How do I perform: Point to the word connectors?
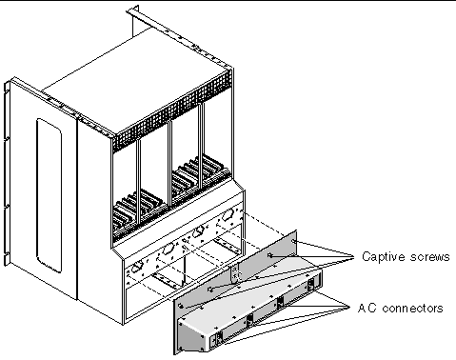[x=412, y=309]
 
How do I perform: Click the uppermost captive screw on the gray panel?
[x=294, y=242]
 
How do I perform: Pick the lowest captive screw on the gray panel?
[x=181, y=306]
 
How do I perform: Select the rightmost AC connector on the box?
[x=310, y=284]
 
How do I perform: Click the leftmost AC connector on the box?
[x=216, y=338]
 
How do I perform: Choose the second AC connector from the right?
[x=281, y=302]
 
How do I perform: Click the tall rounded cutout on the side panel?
[x=49, y=195]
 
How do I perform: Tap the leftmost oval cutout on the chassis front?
[x=136, y=268]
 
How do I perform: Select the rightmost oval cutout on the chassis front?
[x=228, y=215]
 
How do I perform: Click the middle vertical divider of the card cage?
[x=169, y=163]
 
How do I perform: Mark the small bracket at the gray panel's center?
[x=234, y=272]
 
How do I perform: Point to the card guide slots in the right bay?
[x=200, y=173]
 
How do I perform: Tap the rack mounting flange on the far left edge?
[x=7, y=173]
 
